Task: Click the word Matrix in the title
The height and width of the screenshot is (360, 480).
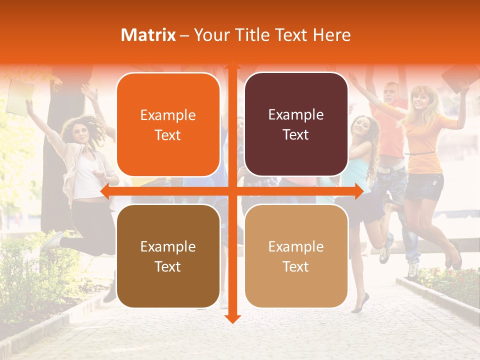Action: pos(148,35)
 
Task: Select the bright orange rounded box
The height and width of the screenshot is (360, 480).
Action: pos(168,124)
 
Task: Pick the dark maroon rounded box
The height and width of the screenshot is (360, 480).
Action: pos(296,124)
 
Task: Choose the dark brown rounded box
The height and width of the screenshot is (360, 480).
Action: pos(168,256)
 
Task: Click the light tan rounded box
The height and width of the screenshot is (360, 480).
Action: pos(296,256)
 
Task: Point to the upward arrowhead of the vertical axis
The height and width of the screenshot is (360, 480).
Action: pos(232,65)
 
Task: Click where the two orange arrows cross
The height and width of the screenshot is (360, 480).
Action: pos(232,191)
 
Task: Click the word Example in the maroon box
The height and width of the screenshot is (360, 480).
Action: pos(296,114)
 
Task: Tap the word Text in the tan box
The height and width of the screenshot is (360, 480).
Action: pos(296,266)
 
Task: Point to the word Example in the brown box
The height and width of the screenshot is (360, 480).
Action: pos(168,246)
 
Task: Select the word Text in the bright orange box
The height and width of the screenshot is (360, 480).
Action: pos(168,135)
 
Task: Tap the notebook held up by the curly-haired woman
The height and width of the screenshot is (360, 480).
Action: pos(20,97)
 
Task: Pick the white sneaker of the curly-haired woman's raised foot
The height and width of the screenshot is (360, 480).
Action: pos(51,242)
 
